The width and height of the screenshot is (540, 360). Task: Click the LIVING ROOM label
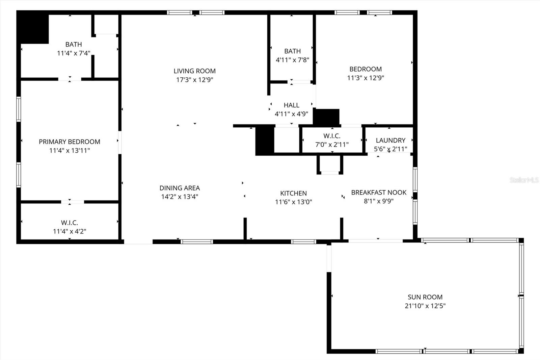tap(194, 71)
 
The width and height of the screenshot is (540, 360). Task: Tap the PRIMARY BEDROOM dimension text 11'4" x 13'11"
tap(70, 150)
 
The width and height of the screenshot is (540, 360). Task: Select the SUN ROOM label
tap(425, 297)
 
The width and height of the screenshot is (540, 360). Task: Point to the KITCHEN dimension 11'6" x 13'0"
tap(293, 202)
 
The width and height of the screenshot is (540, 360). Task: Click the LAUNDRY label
tap(390, 140)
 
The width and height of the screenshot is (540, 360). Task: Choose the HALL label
tap(291, 105)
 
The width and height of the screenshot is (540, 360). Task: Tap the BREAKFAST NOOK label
tap(379, 192)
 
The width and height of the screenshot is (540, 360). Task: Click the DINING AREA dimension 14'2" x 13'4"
tap(180, 197)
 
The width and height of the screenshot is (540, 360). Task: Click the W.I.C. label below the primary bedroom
tap(70, 223)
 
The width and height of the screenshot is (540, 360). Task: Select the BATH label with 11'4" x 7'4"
tap(74, 44)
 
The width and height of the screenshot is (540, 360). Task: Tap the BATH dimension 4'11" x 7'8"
tap(292, 60)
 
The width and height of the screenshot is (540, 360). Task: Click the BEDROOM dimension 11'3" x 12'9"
tap(366, 78)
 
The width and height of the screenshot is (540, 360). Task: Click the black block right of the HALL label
tap(326, 117)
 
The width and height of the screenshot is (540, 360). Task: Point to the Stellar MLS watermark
tap(524, 180)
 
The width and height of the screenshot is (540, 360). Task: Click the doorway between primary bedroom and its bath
tap(70, 79)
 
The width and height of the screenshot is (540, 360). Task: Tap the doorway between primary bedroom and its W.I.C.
tap(73, 202)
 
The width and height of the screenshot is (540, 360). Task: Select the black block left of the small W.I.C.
tap(265, 139)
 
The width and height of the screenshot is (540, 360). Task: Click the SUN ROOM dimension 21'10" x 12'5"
tap(425, 306)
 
